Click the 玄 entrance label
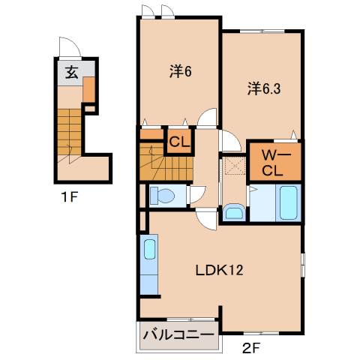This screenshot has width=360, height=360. tap(70, 72)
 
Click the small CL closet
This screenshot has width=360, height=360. tap(178, 141)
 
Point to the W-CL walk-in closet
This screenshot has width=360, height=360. tap(274, 160)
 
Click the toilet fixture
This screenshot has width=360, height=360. tap(160, 195)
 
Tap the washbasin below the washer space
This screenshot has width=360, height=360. tap(233, 211)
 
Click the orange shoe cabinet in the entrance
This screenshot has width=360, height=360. tap(88, 90)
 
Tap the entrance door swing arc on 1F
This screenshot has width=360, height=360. tap(69, 46)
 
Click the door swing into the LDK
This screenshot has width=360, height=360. tap(205, 220)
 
